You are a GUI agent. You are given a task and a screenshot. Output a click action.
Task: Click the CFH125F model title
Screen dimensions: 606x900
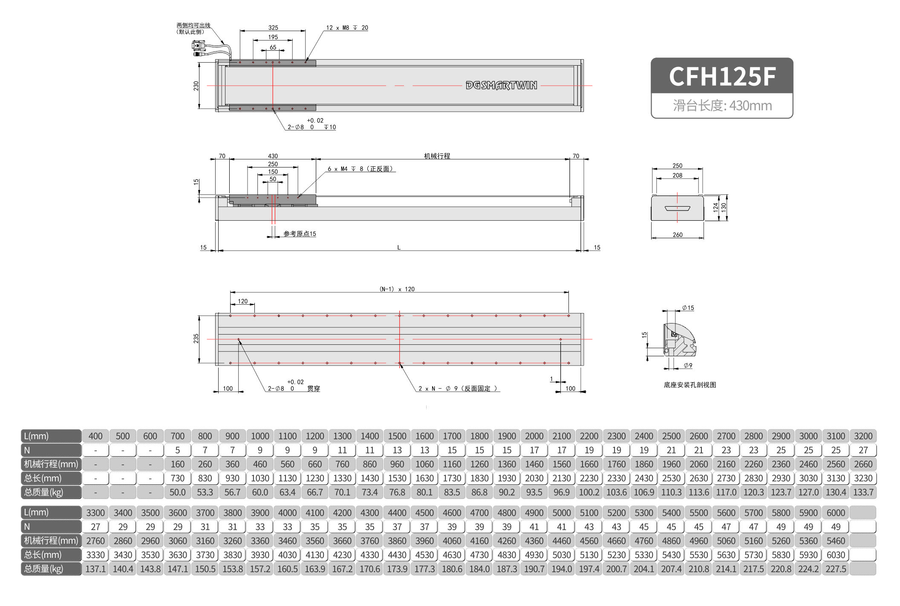click(722, 77)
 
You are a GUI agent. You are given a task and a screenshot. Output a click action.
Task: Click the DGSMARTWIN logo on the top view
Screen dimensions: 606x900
click(501, 85)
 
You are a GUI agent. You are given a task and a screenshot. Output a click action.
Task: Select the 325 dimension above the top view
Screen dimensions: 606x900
click(273, 27)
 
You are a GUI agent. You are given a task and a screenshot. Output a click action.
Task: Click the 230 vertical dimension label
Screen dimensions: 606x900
click(196, 86)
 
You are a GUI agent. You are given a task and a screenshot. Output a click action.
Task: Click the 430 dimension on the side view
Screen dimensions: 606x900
click(273, 156)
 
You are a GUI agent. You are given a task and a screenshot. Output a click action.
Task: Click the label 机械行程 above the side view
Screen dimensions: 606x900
click(437, 156)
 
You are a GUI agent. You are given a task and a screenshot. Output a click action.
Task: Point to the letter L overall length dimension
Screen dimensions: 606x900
click(399, 247)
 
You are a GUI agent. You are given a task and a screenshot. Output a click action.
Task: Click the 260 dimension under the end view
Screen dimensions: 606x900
click(678, 235)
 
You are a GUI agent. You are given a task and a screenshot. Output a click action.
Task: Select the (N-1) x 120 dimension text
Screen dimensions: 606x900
click(397, 289)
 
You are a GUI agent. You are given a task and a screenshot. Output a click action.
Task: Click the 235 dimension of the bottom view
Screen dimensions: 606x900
click(196, 339)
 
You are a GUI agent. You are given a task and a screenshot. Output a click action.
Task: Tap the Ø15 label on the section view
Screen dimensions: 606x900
click(688, 308)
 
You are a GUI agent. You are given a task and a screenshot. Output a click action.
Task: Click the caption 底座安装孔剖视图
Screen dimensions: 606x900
click(689, 385)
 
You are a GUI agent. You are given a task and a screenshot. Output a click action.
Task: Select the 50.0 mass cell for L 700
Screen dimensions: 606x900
click(177, 492)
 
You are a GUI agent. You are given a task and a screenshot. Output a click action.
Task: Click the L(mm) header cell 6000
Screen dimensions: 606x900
click(836, 513)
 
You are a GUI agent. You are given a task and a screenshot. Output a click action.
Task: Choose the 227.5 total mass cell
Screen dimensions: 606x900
click(836, 569)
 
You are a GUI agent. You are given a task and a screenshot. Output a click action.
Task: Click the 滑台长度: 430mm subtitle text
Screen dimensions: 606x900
click(722, 105)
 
